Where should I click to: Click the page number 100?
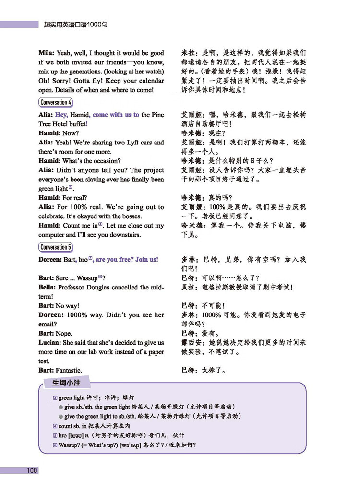click(32, 470)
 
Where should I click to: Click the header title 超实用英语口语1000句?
click(75, 23)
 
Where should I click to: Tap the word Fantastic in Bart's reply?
click(69, 370)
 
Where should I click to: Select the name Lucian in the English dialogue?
click(49, 343)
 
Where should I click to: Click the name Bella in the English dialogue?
click(48, 287)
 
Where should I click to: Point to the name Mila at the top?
click(47, 53)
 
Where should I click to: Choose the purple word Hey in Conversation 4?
click(61, 115)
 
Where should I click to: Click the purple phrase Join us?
click(147, 259)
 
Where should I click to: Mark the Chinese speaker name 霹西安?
click(192, 343)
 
